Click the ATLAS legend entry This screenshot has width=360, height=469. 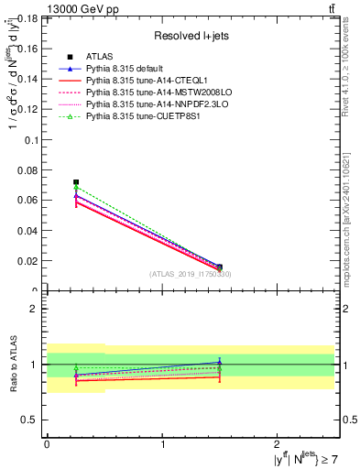pyautogui.click(x=98, y=57)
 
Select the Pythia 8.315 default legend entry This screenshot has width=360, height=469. pyautogui.click(x=125, y=69)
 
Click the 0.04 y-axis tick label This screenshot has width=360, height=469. pyautogui.click(x=27, y=230)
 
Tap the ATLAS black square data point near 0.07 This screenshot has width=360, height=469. pyautogui.click(x=76, y=182)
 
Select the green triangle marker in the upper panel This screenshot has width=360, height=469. pyautogui.click(x=76, y=188)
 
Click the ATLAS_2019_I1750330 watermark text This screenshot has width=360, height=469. pyautogui.click(x=191, y=274)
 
